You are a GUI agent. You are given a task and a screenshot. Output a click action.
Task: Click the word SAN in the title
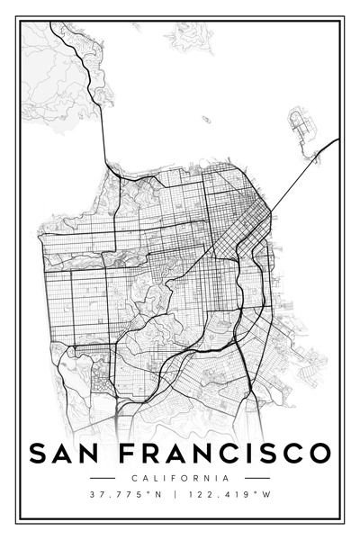[66, 453]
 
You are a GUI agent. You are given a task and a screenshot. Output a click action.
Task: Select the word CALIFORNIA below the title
[179, 478]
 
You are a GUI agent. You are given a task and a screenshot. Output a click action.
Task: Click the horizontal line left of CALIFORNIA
[102, 478]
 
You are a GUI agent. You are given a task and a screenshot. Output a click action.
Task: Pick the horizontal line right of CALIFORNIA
[257, 478]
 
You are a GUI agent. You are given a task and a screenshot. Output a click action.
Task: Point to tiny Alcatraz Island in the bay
[206, 119]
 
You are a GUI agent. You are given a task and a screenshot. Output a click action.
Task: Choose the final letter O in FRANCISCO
[319, 453]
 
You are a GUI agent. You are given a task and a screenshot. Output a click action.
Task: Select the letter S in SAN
[38, 453]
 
